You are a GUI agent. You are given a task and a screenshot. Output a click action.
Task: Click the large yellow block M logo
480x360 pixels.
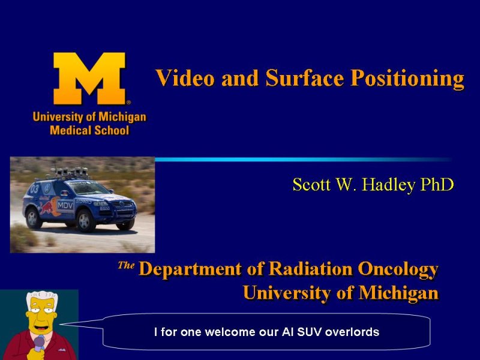pos(89,79)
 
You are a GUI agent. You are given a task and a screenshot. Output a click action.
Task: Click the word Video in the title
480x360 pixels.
pos(185,78)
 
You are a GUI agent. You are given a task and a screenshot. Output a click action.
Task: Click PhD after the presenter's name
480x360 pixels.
pos(437,184)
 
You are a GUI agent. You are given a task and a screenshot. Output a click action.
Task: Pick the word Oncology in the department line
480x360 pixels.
pos(398,269)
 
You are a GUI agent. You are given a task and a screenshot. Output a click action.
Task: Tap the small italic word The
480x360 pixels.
pos(126,265)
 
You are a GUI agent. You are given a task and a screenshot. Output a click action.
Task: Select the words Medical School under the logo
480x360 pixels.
pos(89,130)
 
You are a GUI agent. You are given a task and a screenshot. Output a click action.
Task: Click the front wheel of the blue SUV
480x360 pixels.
pos(85,220)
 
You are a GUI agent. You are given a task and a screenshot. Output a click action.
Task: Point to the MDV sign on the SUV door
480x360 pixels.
pos(65,205)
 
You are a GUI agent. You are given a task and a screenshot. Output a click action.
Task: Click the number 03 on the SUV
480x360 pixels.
pos(35,188)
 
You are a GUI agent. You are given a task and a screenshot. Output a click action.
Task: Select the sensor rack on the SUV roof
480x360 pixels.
pos(69,173)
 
